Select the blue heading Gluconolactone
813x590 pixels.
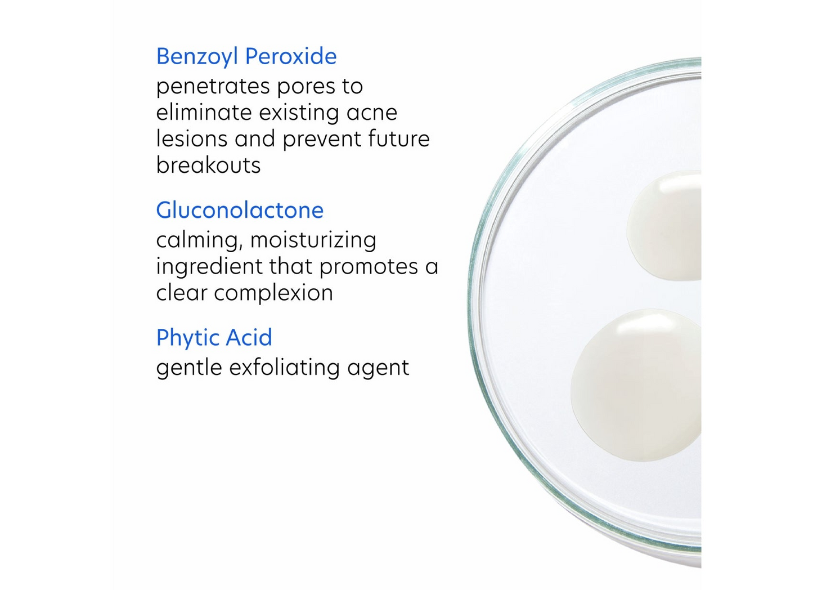click(x=240, y=211)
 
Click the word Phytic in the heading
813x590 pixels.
click(x=188, y=338)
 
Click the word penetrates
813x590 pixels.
click(x=205, y=87)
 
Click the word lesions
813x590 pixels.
click(x=191, y=139)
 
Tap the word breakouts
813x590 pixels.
click(x=208, y=166)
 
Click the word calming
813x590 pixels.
click(x=199, y=240)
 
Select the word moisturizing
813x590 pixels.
click(x=313, y=240)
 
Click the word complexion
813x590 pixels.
click(x=273, y=293)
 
